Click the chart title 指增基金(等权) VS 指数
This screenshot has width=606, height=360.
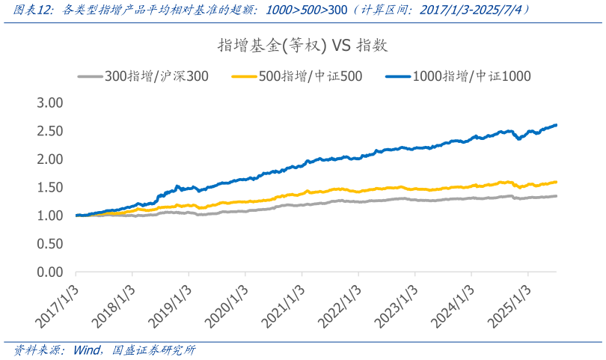point(303,46)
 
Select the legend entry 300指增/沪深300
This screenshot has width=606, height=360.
point(144,76)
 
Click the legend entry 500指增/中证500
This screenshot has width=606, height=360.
point(299,76)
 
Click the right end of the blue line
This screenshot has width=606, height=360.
point(556,125)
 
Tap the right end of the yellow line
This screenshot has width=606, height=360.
point(556,181)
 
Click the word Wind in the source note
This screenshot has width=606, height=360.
point(89,350)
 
